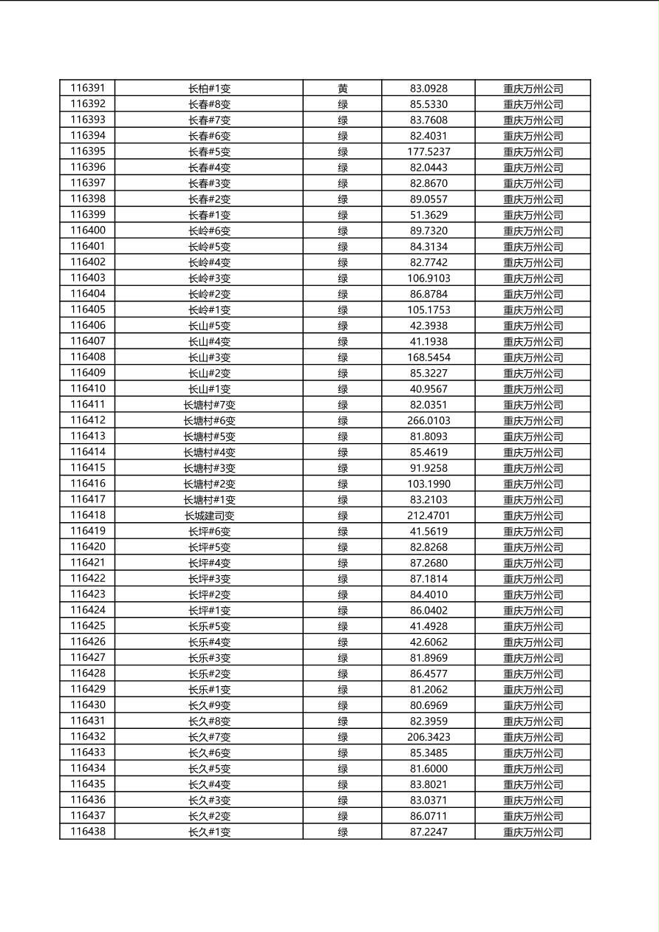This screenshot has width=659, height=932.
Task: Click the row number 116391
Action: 88,89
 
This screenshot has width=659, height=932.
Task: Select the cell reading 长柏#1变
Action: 209,89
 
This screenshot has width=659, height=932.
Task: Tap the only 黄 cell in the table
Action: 343,89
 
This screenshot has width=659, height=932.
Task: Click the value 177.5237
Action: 428,152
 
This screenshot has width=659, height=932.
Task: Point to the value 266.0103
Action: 428,421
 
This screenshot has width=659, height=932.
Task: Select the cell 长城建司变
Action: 209,515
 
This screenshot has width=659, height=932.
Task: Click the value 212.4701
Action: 428,515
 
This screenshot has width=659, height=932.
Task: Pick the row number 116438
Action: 88,832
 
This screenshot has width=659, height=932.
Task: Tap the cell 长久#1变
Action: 209,832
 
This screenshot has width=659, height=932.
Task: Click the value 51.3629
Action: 428,215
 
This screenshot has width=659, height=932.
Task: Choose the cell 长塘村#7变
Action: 209,405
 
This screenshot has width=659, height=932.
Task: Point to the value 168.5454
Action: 428,357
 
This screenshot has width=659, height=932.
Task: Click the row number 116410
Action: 88,389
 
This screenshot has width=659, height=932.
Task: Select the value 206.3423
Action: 428,737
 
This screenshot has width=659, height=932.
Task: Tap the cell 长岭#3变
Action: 209,278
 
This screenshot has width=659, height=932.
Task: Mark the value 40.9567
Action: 428,389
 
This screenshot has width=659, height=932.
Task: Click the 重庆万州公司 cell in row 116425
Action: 533,626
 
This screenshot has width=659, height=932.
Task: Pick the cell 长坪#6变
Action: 209,532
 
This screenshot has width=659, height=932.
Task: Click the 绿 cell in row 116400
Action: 343,231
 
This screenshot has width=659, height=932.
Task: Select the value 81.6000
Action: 428,769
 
